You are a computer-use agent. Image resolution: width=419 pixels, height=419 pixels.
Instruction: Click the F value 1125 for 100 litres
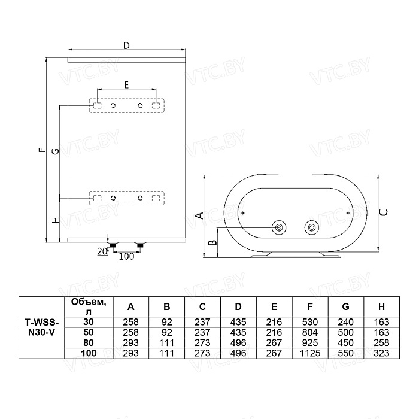point(310,353)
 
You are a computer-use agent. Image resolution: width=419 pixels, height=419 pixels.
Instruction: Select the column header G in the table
point(345,306)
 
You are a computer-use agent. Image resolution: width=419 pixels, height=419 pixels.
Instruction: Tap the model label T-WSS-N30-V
point(41,327)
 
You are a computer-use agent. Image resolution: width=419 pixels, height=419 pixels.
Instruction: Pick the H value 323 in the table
point(381,353)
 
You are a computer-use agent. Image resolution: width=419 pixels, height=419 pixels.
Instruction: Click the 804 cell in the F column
point(310,332)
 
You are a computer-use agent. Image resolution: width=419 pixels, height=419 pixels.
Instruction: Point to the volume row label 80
point(89,343)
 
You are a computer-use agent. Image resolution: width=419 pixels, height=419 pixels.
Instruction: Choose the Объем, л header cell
point(89,306)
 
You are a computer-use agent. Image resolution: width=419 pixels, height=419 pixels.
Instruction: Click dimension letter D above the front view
point(126,45)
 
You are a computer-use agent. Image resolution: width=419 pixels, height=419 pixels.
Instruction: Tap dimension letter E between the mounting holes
point(126,85)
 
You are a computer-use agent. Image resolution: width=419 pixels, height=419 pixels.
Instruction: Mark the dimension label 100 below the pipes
point(126,257)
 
